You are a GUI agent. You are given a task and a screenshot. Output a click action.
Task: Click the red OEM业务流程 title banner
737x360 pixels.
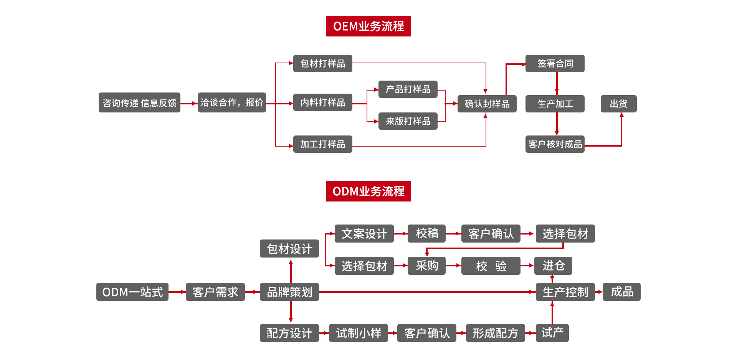point(368,26)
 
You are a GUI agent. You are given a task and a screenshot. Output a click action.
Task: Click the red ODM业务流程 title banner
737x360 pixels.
point(368,191)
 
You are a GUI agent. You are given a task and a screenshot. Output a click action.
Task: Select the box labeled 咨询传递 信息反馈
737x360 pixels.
point(139,102)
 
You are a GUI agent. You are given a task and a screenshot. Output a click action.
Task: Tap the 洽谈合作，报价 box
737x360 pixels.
point(232,102)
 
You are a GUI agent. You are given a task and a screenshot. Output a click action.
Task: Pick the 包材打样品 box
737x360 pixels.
point(322,63)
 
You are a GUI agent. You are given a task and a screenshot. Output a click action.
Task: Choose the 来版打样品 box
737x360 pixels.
point(408,121)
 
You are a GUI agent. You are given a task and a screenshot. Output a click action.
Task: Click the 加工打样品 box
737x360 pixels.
point(322,144)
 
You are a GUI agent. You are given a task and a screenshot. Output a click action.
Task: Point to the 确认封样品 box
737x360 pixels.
point(487,104)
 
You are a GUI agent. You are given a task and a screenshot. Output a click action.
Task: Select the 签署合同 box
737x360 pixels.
point(555,63)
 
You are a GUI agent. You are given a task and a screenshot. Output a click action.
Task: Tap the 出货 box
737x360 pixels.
point(618,104)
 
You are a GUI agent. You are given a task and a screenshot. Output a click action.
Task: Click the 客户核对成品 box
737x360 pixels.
point(555,144)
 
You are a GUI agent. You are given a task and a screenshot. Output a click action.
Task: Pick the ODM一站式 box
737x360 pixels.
point(132,292)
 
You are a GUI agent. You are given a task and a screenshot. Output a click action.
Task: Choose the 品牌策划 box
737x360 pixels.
point(289,292)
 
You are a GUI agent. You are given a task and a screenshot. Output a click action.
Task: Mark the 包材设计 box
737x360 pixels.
point(289,249)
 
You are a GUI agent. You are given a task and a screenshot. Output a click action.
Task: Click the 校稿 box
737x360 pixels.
point(426,233)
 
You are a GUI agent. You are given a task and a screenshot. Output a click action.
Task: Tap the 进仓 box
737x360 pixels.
point(554,266)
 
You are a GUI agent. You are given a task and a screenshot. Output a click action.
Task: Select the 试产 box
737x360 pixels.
point(552,333)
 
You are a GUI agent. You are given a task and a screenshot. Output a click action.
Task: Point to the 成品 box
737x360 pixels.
point(621,292)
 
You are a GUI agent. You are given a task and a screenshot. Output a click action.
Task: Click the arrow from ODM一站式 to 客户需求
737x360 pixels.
point(177,292)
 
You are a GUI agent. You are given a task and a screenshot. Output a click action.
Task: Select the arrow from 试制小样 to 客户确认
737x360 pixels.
point(392,333)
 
